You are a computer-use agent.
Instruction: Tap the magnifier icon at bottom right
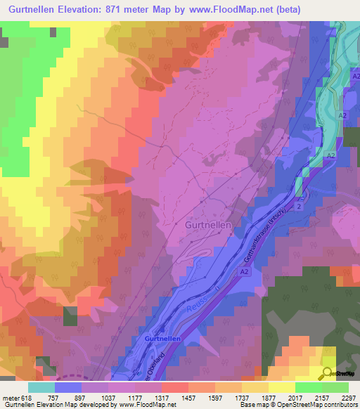pos(328,374)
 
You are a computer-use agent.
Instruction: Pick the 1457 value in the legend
pos(189,397)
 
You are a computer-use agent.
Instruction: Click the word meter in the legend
pos(11,397)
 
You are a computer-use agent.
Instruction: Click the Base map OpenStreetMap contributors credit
pos(307,405)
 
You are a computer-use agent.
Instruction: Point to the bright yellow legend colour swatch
pos(281,387)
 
